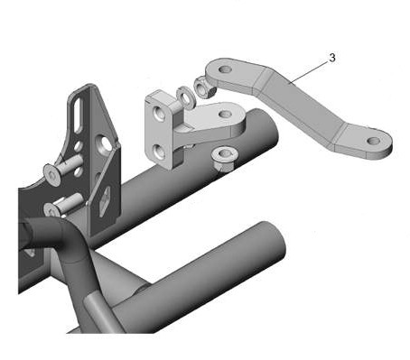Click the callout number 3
tap(332, 58)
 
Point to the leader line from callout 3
tap(309, 71)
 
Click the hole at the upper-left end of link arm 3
tap(225, 69)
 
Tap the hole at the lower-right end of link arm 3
tap(374, 141)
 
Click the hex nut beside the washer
tap(203, 88)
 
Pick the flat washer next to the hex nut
tap(185, 97)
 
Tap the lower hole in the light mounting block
tap(159, 151)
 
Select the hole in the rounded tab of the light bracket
tap(225, 114)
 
